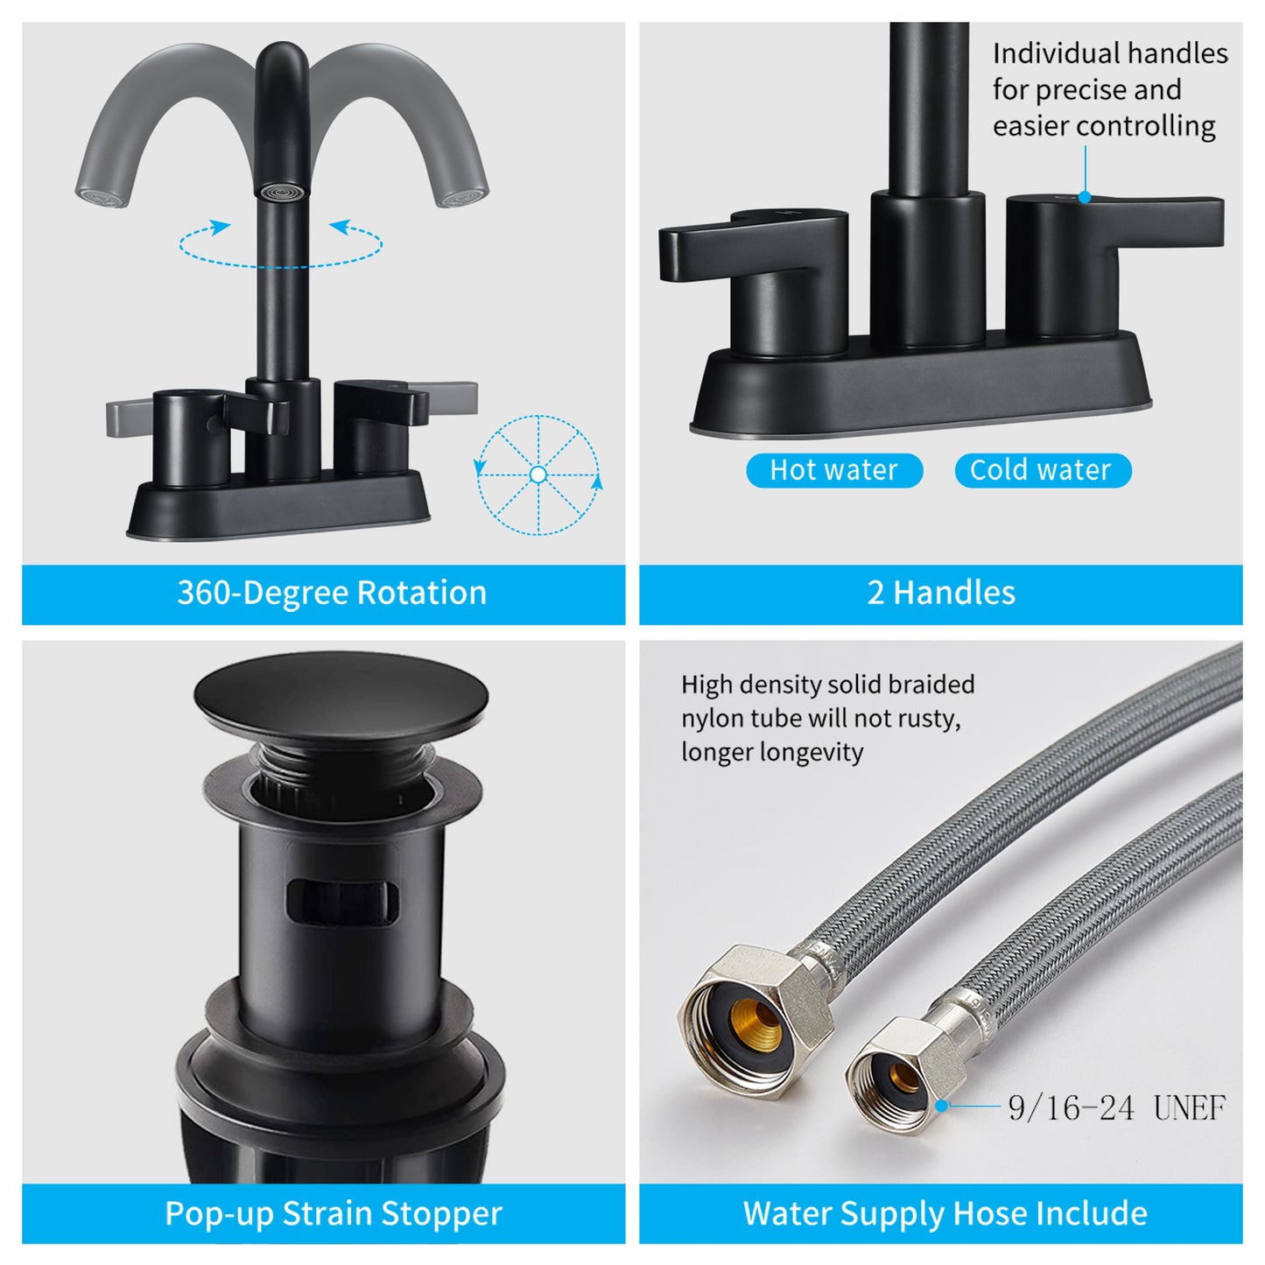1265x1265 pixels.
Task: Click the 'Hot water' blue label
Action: (x=833, y=470)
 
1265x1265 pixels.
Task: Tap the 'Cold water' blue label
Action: (x=1043, y=470)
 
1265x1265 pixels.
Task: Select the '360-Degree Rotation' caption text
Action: (x=332, y=592)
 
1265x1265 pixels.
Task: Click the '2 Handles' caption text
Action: (x=941, y=592)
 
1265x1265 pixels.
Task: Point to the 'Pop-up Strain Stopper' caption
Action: (x=334, y=1213)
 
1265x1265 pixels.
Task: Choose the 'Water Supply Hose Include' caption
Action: (x=945, y=1212)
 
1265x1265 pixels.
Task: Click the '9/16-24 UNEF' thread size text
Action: (x=1117, y=1108)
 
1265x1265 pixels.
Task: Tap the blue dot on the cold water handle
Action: (x=1085, y=197)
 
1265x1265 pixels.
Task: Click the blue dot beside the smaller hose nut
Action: (x=941, y=1107)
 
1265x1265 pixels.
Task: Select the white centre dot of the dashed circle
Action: (x=538, y=474)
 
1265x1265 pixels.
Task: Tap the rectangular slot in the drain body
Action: (x=342, y=902)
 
